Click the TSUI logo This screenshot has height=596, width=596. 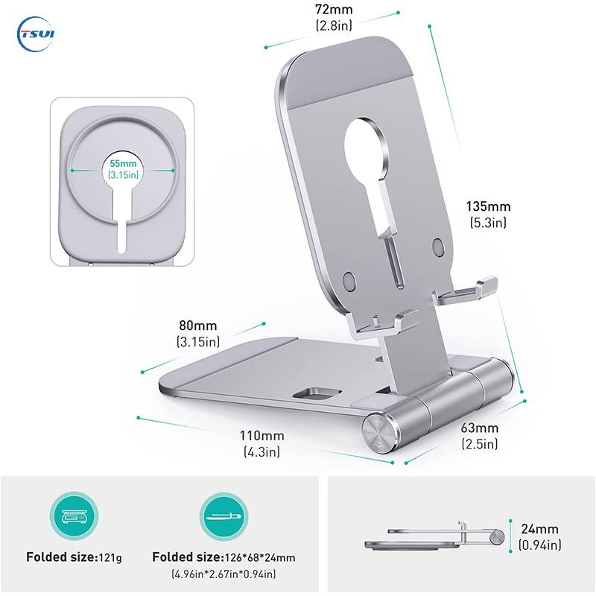click(x=36, y=34)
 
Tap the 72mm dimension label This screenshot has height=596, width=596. click(x=334, y=10)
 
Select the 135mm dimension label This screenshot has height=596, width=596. click(x=488, y=206)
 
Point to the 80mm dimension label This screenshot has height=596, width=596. click(x=198, y=326)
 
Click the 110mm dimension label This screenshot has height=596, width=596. click(x=261, y=435)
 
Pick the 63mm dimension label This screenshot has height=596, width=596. click(x=479, y=428)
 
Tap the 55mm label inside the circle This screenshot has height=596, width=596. click(x=123, y=163)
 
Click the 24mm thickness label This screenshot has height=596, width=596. click(x=539, y=529)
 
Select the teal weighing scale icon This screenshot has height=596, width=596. click(x=74, y=516)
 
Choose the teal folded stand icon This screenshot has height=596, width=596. click(x=224, y=516)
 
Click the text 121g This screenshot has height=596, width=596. click(x=110, y=557)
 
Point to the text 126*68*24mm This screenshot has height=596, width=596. click(x=259, y=557)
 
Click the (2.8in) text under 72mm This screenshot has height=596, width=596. click(x=334, y=25)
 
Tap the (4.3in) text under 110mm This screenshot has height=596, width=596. click(x=261, y=451)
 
